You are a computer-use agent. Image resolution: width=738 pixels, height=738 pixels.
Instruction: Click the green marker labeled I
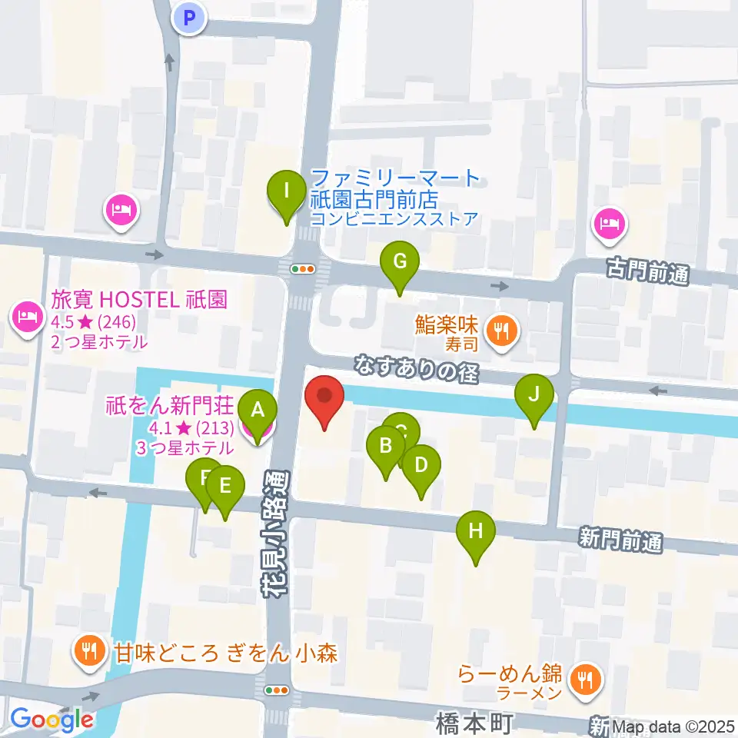pos(287,189)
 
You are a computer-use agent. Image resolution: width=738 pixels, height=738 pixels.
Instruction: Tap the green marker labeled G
pos(400,261)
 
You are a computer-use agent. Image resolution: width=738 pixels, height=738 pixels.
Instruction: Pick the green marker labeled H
pos(476,530)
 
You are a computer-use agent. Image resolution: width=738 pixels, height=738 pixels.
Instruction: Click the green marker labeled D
pos(421,465)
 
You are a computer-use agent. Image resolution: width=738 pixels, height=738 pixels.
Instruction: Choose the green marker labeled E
pos(225,486)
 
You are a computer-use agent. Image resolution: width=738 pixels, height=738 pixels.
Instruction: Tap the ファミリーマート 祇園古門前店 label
pos(394,189)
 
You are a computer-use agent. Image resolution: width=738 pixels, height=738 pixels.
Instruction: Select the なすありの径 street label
pos(417,367)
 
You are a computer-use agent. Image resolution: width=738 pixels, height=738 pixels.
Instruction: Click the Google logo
pos(52,720)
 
